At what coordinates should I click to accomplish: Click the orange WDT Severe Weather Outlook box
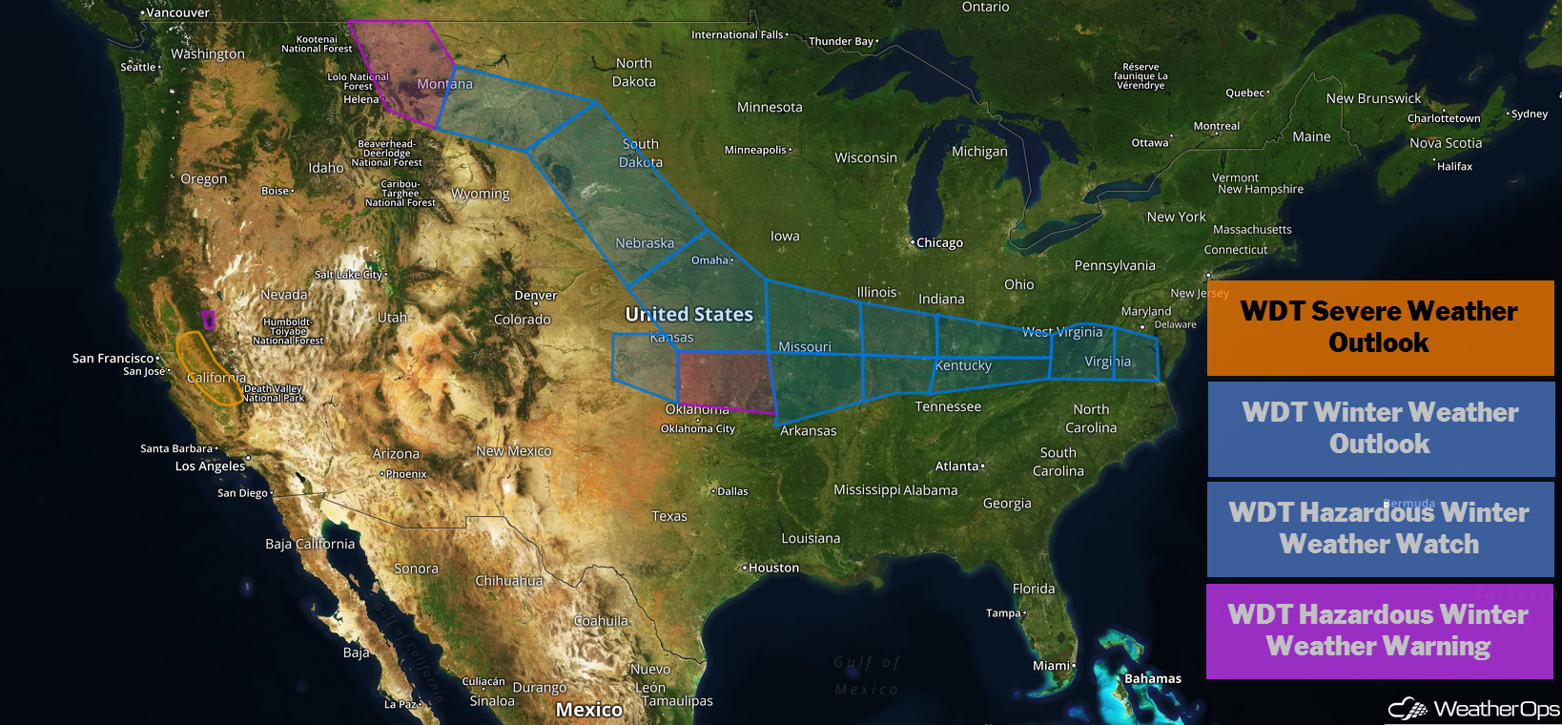click(1379, 327)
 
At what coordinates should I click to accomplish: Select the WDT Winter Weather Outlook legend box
click(1380, 428)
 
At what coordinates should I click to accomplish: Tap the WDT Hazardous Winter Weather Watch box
click(1379, 528)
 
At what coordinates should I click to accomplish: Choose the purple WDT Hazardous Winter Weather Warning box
click(1379, 631)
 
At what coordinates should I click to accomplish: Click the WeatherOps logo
click(1474, 709)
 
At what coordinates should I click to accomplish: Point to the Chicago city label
click(939, 243)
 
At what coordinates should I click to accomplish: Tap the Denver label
click(535, 296)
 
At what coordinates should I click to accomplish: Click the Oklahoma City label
click(698, 428)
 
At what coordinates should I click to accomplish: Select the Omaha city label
click(710, 260)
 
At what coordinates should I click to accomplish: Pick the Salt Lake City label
click(349, 275)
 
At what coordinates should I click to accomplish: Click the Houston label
click(773, 568)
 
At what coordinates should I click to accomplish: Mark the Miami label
click(1052, 666)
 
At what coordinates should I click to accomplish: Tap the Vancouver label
click(177, 12)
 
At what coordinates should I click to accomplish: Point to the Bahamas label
click(1152, 679)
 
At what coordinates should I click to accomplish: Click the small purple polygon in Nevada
click(209, 320)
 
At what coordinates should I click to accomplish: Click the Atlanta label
click(957, 466)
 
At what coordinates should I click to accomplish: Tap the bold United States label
click(689, 314)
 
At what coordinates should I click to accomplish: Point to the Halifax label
click(1454, 167)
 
